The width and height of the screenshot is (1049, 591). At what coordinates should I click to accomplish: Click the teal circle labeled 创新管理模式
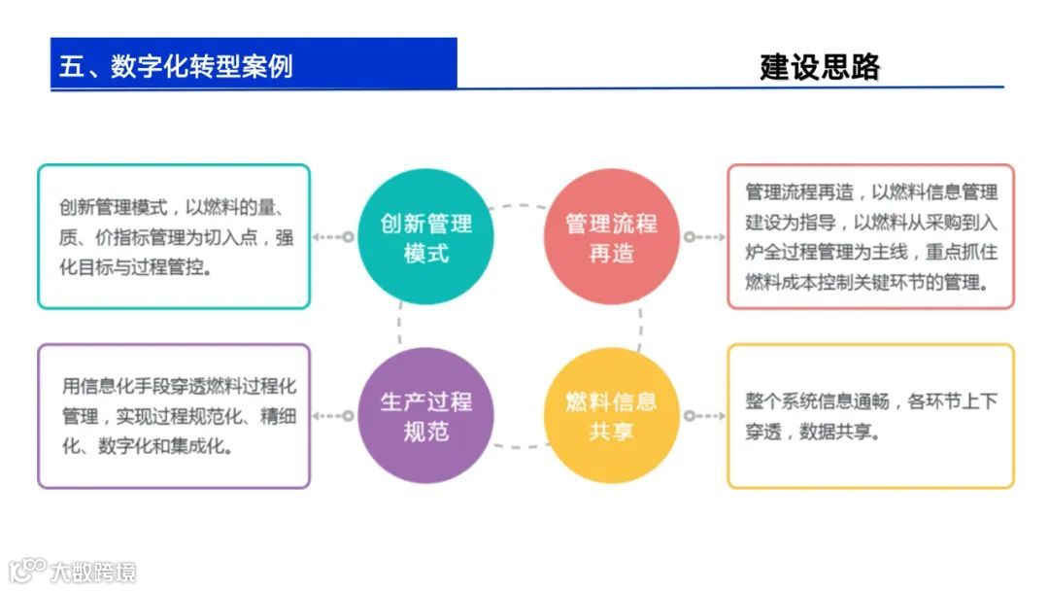tap(425, 237)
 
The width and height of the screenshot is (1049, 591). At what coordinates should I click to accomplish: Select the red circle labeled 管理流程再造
tap(611, 237)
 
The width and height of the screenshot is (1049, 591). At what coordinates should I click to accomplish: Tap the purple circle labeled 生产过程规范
tap(425, 415)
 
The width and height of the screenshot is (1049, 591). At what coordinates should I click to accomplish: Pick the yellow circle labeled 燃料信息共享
tap(611, 415)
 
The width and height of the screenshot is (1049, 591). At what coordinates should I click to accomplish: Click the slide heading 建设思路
tap(820, 66)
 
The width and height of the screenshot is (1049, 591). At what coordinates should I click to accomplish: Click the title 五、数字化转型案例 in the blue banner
tap(176, 65)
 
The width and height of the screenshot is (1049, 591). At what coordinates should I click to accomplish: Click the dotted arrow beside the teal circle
tap(332, 237)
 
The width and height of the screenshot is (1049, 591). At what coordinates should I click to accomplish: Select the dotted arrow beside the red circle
tap(703, 237)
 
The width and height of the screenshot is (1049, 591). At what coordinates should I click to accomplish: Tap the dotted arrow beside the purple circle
tap(332, 415)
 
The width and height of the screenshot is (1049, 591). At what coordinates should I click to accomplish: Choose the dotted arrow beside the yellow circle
tap(703, 415)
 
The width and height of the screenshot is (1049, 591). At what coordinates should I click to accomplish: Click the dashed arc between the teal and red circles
tap(518, 206)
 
